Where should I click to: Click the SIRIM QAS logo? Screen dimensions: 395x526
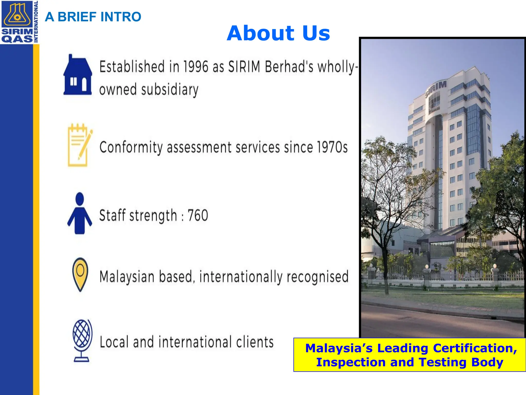pyautogui.click(x=17, y=22)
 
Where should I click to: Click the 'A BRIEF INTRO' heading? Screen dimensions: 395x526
pyautogui.click(x=93, y=17)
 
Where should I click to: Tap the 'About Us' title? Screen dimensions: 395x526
pyautogui.click(x=278, y=33)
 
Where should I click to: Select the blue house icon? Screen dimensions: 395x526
pyautogui.click(x=78, y=75)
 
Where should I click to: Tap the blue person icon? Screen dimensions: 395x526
pyautogui.click(x=80, y=213)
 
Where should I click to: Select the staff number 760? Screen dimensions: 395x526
pyautogui.click(x=198, y=216)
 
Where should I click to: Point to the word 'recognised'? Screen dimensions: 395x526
pyautogui.click(x=317, y=277)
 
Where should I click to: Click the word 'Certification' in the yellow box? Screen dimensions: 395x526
pyautogui.click(x=475, y=348)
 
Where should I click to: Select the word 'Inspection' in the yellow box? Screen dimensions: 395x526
pyautogui.click(x=351, y=362)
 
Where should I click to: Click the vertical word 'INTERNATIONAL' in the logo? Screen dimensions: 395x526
pyautogui.click(x=36, y=22)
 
